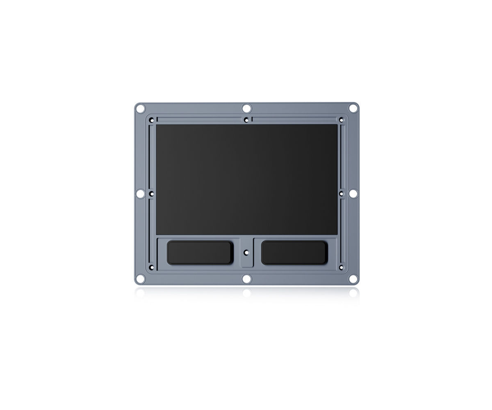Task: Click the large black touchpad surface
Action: tap(246, 179)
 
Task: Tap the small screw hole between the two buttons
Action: tap(246, 253)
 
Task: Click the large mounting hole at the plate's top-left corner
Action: tap(140, 109)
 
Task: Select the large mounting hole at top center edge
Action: tap(246, 108)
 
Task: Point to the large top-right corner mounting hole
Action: tap(353, 109)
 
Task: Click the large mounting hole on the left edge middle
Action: tap(140, 194)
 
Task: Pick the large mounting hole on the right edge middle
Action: tap(353, 194)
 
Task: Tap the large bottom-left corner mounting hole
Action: tap(140, 279)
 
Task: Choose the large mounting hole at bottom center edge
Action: tap(246, 279)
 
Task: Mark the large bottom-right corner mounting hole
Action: tap(353, 279)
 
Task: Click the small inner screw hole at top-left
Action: tap(152, 120)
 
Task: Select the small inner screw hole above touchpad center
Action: tap(246, 120)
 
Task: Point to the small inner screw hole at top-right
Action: tap(341, 120)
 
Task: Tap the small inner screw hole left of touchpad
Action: tap(152, 194)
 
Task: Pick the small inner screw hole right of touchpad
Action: tap(341, 194)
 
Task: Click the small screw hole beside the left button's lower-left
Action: tap(152, 267)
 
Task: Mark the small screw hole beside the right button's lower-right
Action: tap(341, 267)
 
